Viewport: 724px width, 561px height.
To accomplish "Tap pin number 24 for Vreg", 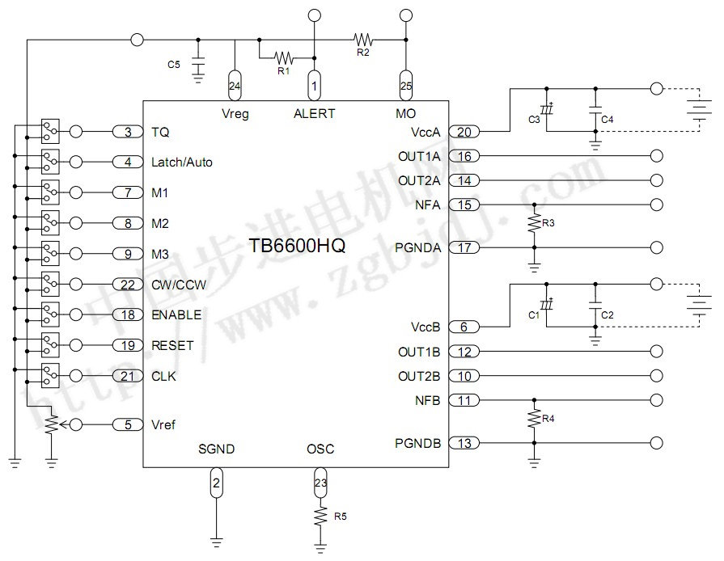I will [x=235, y=85].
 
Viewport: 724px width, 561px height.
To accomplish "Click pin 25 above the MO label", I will [x=405, y=85].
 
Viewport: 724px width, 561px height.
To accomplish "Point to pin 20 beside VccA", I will [x=464, y=132].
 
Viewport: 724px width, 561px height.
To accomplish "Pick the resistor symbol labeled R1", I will [x=283, y=58].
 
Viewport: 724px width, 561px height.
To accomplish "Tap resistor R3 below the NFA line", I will [x=534, y=221].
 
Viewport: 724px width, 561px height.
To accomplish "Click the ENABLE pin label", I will [x=176, y=314].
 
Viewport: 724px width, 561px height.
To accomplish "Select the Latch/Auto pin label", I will [x=182, y=162].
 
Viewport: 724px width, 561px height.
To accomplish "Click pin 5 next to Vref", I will [x=128, y=425].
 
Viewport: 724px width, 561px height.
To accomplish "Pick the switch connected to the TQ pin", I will [x=50, y=131].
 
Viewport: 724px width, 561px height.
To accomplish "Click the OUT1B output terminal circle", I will [x=657, y=352].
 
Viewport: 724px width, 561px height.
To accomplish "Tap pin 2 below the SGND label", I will [x=215, y=484].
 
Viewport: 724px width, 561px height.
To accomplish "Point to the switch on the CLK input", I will [x=50, y=375].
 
